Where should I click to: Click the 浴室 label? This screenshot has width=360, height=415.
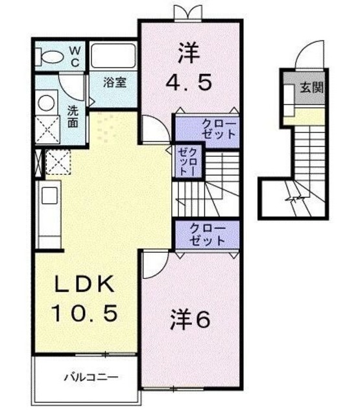[x=116, y=84]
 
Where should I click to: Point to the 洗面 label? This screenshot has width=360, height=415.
[x=74, y=115]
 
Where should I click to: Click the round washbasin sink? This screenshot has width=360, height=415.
[x=47, y=103]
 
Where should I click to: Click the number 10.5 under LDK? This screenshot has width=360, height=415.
[x=84, y=314]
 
